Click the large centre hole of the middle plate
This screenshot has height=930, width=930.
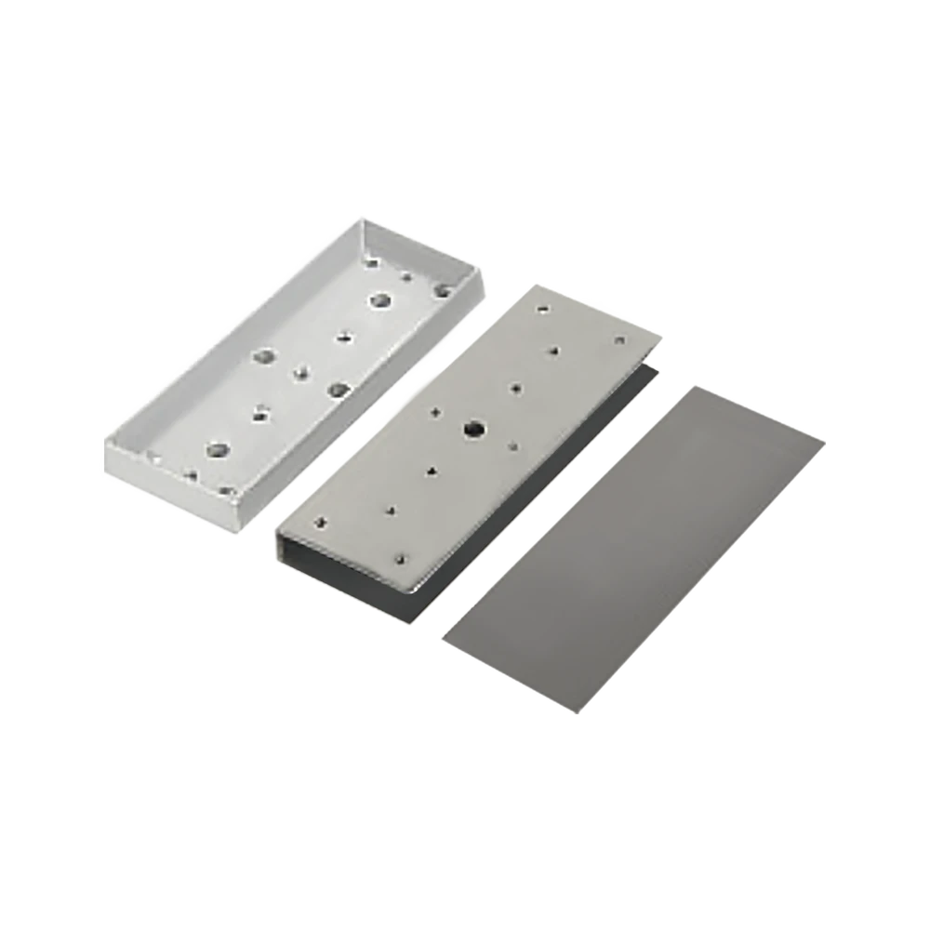tap(472, 429)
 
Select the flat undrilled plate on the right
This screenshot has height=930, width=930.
tap(632, 549)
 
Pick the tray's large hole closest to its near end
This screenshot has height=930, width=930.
tap(219, 451)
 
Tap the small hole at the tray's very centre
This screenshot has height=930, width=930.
tap(300, 373)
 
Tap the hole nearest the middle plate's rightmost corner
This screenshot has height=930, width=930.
tap(617, 341)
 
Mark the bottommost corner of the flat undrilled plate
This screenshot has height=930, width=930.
tap(579, 716)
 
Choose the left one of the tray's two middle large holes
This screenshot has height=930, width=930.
tap(264, 355)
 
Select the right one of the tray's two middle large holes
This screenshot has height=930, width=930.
tap(337, 389)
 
